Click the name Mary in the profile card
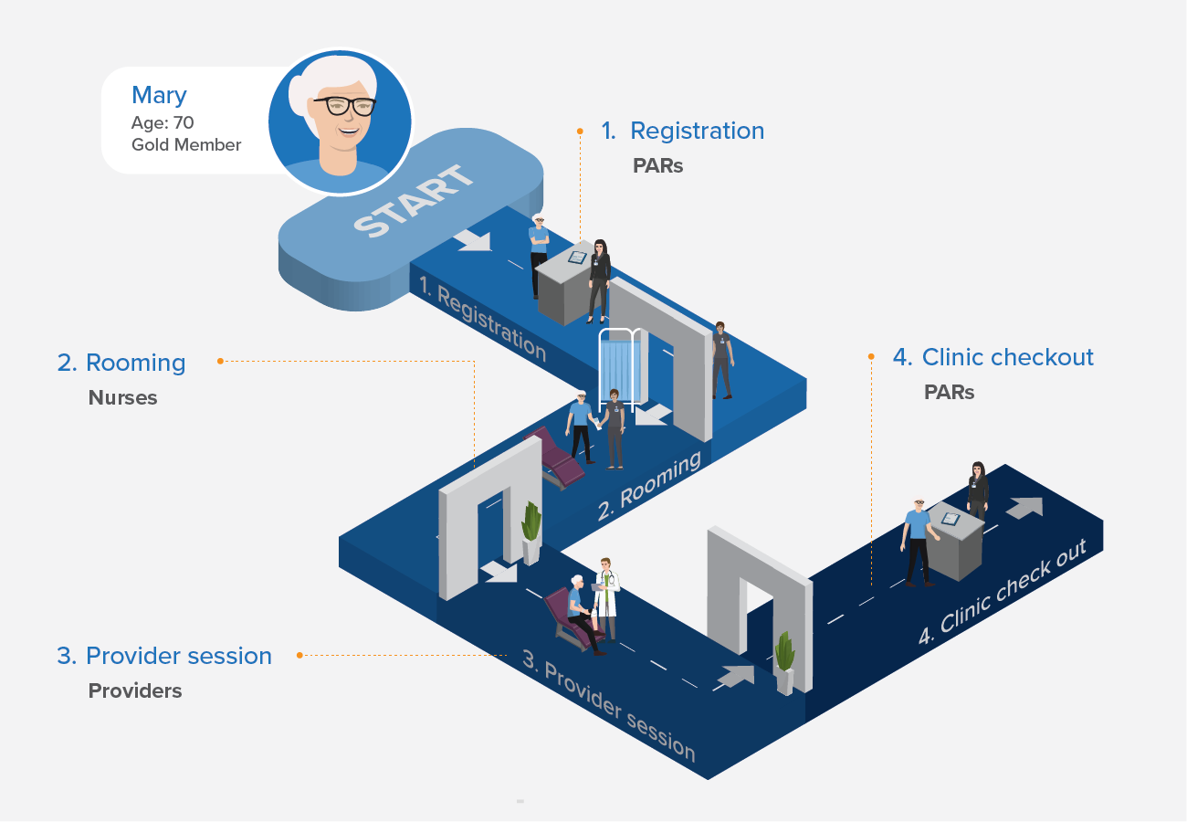tap(159, 96)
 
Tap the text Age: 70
tap(163, 122)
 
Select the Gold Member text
tap(186, 144)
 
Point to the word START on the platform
tap(415, 202)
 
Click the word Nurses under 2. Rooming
tap(122, 398)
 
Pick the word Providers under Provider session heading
tap(135, 691)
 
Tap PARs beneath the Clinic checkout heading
tap(949, 393)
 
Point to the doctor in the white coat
tap(606, 598)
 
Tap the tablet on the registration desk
tap(577, 258)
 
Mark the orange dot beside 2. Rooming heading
tap(220, 362)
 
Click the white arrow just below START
tap(473, 240)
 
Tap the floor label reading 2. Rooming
tap(648, 486)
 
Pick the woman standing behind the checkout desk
tap(978, 490)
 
